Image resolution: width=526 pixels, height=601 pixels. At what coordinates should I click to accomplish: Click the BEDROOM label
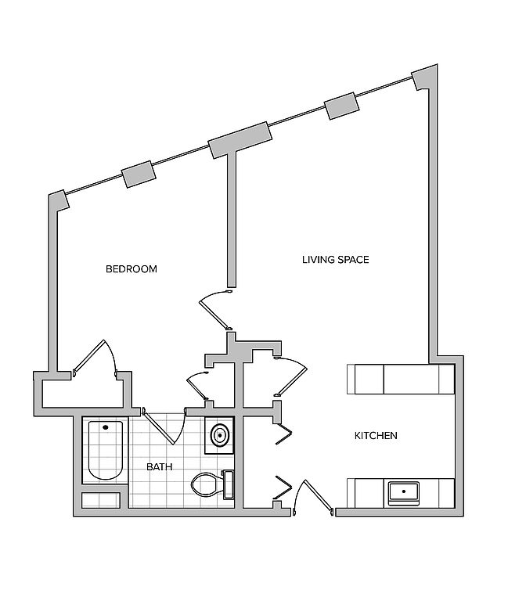click(131, 269)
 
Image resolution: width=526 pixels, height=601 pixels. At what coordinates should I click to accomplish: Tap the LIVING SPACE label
click(336, 260)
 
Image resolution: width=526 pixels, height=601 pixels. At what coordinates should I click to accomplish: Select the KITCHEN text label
click(376, 435)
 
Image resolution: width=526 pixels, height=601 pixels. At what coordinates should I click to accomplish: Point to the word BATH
click(160, 467)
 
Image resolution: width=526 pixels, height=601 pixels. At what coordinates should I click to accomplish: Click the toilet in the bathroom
click(212, 484)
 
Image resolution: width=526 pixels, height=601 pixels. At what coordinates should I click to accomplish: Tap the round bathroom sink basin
click(220, 435)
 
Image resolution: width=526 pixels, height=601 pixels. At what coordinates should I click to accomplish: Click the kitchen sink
click(404, 493)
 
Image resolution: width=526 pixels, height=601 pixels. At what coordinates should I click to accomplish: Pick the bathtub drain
click(106, 427)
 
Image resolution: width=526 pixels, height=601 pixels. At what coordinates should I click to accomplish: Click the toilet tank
click(229, 484)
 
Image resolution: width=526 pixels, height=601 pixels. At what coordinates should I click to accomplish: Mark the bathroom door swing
click(165, 426)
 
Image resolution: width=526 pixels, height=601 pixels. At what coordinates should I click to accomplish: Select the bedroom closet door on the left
click(95, 357)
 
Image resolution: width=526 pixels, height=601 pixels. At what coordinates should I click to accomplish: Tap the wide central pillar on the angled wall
click(240, 140)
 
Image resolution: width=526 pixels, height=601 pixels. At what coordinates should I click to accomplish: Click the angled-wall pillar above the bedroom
click(139, 175)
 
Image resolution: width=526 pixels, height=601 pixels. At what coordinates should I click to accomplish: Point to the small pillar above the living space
click(341, 106)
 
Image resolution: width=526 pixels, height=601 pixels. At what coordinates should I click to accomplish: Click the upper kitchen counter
click(401, 379)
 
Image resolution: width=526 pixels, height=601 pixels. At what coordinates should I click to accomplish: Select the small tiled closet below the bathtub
click(101, 500)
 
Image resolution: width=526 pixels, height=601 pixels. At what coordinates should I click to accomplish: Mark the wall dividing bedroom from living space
click(231, 219)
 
